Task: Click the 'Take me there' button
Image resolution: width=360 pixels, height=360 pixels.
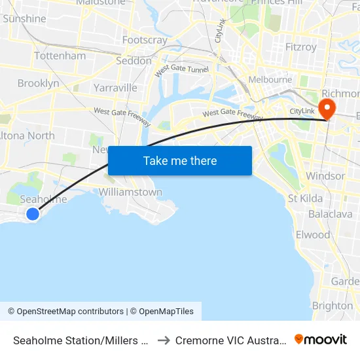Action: click(180, 160)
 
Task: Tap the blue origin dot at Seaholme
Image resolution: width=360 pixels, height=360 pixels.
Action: click(32, 213)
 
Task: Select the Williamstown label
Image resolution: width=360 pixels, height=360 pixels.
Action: click(130, 192)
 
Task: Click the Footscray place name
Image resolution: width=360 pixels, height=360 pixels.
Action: click(145, 40)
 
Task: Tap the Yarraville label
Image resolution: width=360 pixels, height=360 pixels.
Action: click(115, 88)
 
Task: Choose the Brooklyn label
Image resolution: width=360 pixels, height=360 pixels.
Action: click(38, 83)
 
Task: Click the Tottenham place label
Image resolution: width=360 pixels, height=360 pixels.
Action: click(60, 56)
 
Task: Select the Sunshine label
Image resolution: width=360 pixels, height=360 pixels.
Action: click(24, 18)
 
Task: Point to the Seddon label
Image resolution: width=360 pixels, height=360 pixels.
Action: click(134, 61)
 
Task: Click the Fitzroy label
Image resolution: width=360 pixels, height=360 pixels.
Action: click(301, 47)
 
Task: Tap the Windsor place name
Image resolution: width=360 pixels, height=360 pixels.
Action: click(325, 176)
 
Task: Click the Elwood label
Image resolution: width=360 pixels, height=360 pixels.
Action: click(313, 234)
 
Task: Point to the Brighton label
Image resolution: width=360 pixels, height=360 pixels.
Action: click(333, 306)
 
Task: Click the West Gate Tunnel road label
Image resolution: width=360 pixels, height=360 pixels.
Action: click(181, 70)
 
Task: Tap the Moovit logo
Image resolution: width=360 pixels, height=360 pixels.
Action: click(321, 339)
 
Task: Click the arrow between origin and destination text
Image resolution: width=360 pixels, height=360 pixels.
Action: click(164, 340)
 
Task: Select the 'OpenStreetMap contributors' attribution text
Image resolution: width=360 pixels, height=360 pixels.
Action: click(70, 312)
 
